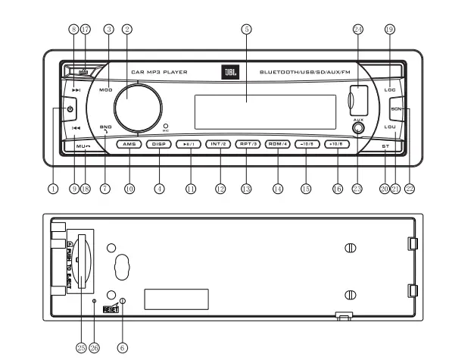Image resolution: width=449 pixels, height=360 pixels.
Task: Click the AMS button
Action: (x=129, y=143)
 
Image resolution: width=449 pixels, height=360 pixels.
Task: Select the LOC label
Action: (x=391, y=89)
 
